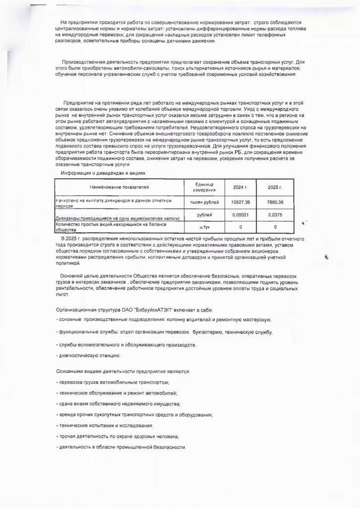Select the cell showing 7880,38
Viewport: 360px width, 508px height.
pyautogui.click(x=275, y=202)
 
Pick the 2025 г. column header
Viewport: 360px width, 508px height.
pyautogui.click(x=275, y=188)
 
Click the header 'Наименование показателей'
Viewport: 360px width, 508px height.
pyautogui.click(x=119, y=187)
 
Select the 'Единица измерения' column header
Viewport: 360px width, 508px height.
pyautogui.click(x=201, y=188)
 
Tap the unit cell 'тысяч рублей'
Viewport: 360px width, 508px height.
pyautogui.click(x=201, y=202)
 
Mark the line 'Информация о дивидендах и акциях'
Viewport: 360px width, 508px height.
pyautogui.click(x=104, y=173)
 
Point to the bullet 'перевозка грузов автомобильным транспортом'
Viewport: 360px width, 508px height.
pyautogui.click(x=114, y=382)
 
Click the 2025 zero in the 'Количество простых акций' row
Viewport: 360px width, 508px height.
pyautogui.click(x=275, y=227)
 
